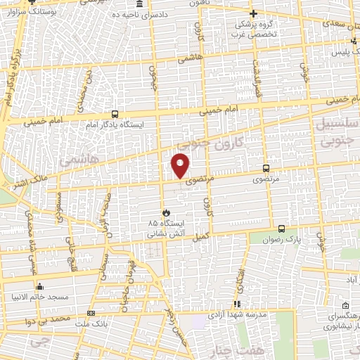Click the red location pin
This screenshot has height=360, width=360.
coord(181,165)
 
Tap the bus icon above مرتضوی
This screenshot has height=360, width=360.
coord(266,168)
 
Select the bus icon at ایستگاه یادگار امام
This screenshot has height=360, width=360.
coord(115,113)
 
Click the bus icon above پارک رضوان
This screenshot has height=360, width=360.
coord(281,229)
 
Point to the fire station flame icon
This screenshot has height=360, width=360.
coord(166,212)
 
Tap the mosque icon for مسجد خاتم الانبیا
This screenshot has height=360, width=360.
coord(40,286)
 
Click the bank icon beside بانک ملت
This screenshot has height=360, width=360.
coord(91,313)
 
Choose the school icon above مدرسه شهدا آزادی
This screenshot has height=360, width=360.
coord(237,304)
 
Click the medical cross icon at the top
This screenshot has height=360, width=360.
coord(254,13)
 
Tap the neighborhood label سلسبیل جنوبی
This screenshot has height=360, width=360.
coord(340,131)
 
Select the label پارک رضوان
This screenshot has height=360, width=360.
coord(303,239)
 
